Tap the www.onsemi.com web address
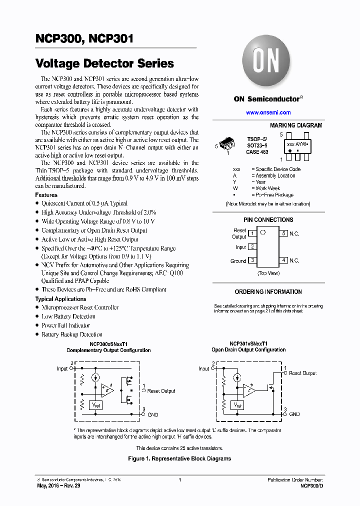[x=268, y=112]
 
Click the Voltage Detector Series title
[x=104, y=63]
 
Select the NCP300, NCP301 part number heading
[x=84, y=38]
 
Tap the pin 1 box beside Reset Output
[x=253, y=233]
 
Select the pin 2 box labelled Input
[x=253, y=247]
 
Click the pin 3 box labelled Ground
[x=253, y=260]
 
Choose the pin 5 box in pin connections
[x=283, y=233]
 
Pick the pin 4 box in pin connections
[x=283, y=260]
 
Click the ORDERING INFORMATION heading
[x=268, y=292]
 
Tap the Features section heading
[x=46, y=195]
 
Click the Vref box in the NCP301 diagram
[x=237, y=405]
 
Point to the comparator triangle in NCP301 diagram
[x=248, y=390]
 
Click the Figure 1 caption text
[x=179, y=458]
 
